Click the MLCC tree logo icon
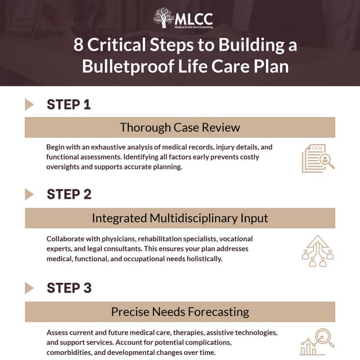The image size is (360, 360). tap(164, 17)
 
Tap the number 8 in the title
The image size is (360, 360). tap(79, 45)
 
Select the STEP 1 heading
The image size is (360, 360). tap(69, 104)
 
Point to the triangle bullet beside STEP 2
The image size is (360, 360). tap(29, 195)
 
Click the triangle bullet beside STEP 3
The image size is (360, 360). tap(29, 288)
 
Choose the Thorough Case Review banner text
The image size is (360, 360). tap(180, 127)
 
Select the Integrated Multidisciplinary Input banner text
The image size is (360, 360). tap(180, 218)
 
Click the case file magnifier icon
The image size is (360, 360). tap(318, 158)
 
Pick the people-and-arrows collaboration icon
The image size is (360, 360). tap(318, 251)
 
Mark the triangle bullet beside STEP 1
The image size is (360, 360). tap(29, 104)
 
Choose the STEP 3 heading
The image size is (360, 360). tap(69, 288)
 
